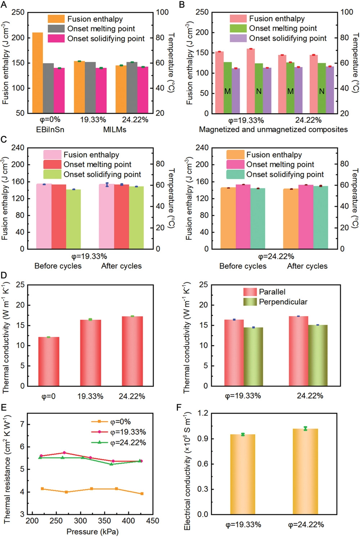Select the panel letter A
point(4,4)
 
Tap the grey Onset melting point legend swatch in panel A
point(56,29)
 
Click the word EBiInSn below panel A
point(50,129)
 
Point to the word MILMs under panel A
point(114,129)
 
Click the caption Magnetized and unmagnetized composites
point(273,129)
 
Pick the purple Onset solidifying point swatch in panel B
point(238,38)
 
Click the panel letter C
point(4,139)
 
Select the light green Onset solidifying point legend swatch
point(52,174)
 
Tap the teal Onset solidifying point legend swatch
point(235,174)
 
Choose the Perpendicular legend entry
point(283,302)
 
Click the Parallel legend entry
point(272,292)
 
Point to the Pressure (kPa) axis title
point(93,531)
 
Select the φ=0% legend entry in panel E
point(120,422)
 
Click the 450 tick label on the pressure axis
point(153,521)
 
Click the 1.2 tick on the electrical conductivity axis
point(203,413)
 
